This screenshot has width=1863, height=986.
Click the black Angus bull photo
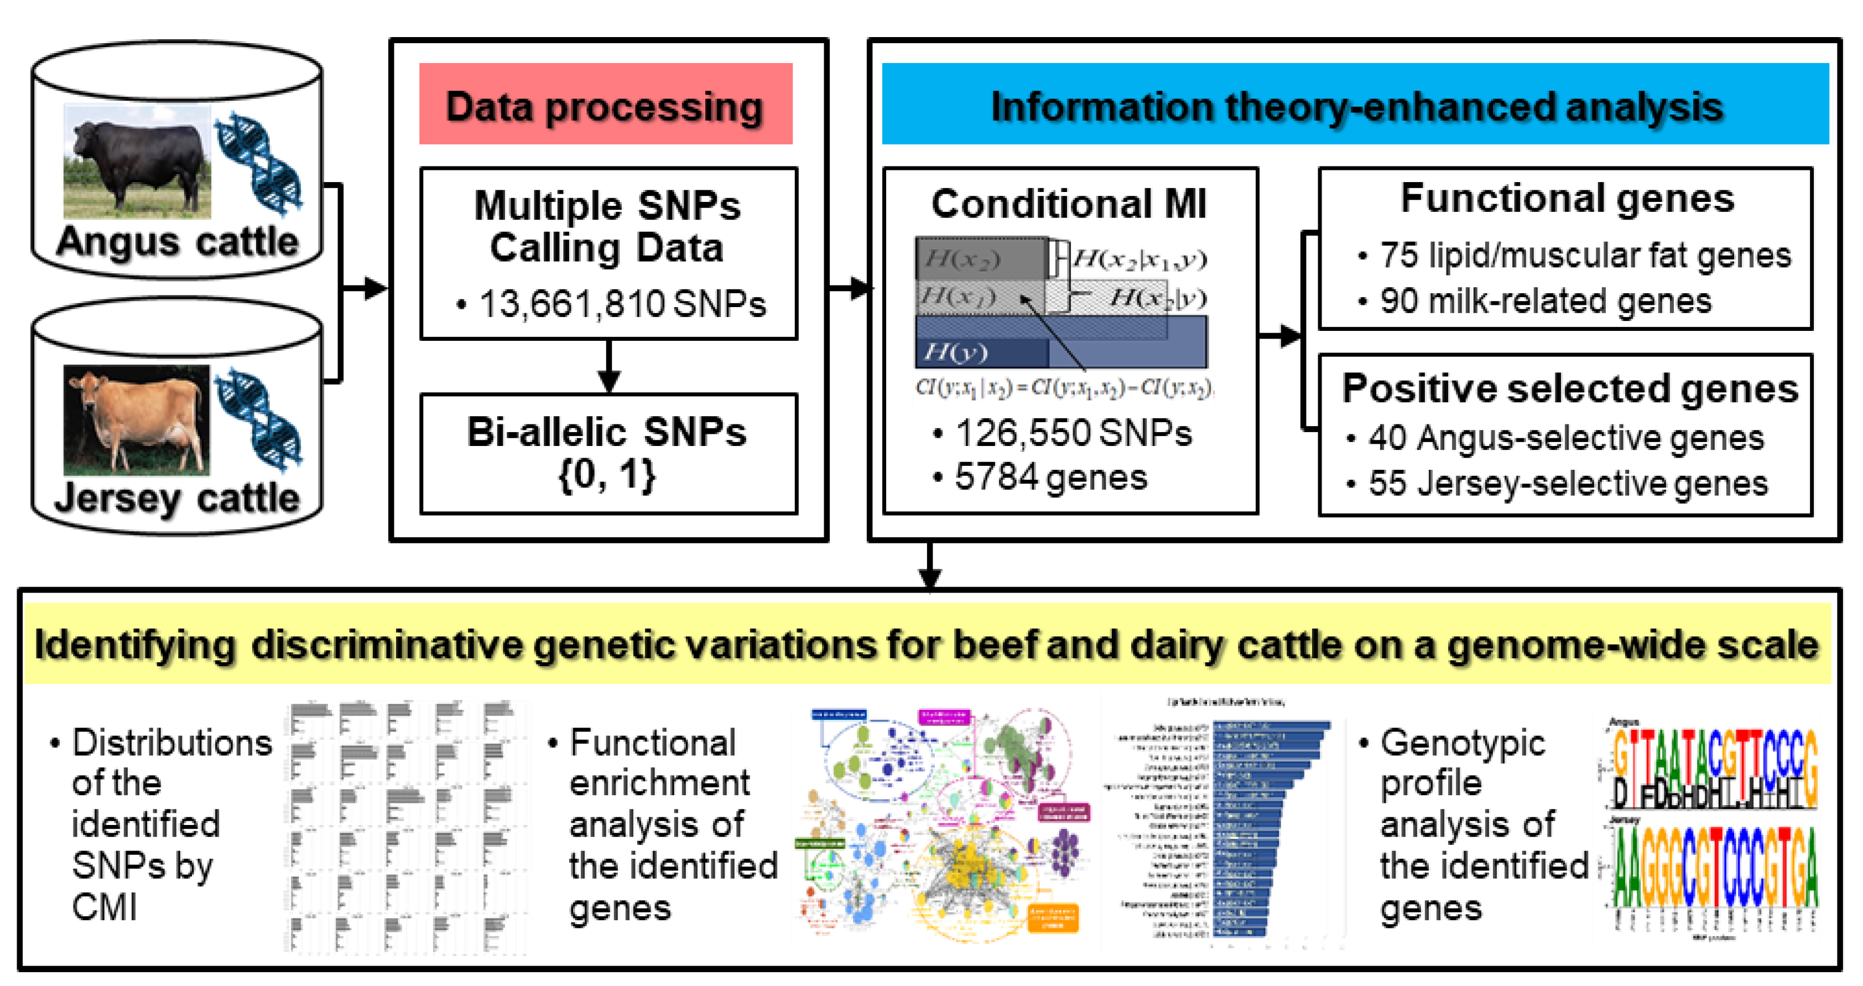137,160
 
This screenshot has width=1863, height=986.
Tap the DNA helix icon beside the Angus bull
259,163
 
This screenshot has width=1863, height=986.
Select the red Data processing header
605,105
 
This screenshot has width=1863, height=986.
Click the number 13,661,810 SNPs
621,303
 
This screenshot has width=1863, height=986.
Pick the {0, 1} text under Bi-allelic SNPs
607,475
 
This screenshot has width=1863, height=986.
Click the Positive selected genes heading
1569,388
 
